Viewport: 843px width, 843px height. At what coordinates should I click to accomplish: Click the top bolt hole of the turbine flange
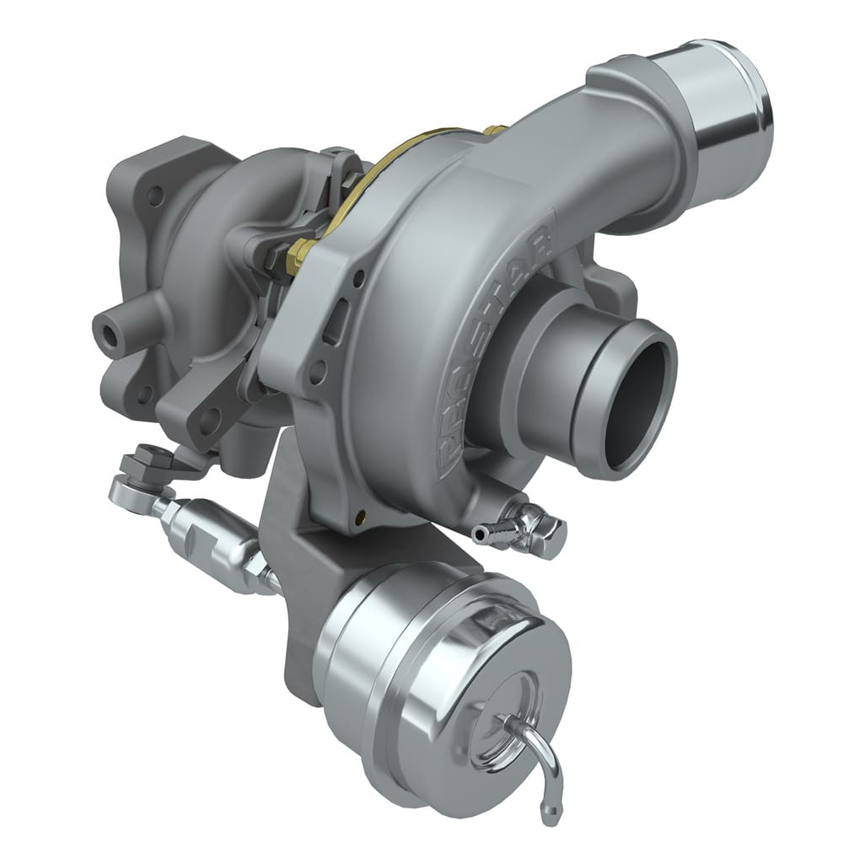(x=155, y=196)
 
